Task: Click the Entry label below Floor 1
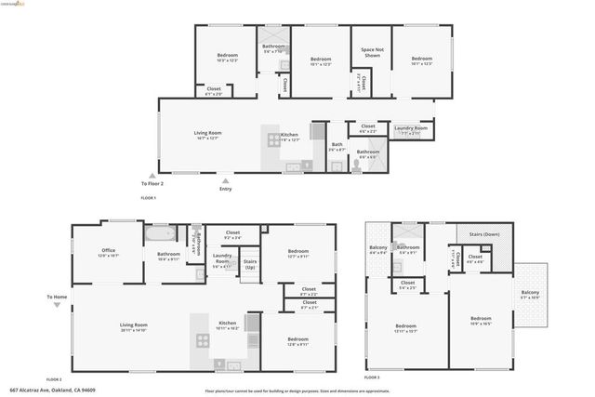(225, 190)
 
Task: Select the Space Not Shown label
(371, 53)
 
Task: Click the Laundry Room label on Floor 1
(410, 128)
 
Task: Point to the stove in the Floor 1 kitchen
(275, 140)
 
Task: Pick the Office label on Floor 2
(109, 250)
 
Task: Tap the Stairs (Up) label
(249, 264)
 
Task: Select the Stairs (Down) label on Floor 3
(483, 234)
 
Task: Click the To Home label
(58, 297)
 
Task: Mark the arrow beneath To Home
(58, 307)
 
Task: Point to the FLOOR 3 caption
(372, 378)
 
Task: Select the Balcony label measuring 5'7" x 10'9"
(530, 295)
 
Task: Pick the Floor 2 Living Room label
(134, 325)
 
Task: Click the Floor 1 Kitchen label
(290, 136)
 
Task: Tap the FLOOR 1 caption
(149, 198)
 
